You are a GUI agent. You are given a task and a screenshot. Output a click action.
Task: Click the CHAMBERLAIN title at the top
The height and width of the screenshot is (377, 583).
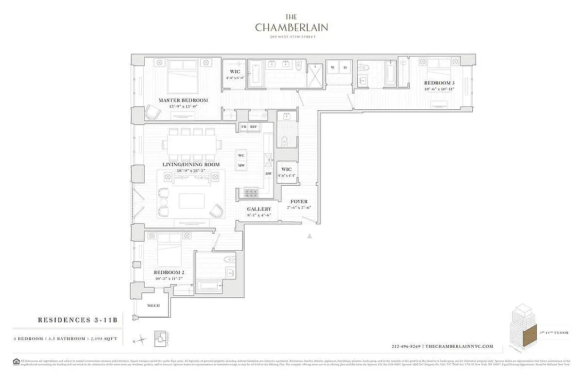(291, 27)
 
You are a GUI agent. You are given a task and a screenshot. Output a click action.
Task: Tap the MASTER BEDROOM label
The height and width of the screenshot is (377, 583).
(183, 100)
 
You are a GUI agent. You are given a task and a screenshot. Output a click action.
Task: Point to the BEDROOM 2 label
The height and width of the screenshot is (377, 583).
(169, 273)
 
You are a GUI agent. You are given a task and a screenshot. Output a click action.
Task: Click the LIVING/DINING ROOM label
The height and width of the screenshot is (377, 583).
(191, 164)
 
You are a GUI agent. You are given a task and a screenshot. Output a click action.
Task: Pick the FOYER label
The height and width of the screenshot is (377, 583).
(299, 202)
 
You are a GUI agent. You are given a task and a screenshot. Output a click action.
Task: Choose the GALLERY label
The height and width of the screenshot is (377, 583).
(259, 209)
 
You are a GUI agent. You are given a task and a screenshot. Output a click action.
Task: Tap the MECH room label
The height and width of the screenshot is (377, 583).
(153, 305)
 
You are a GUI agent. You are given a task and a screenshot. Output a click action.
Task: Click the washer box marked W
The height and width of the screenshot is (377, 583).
(333, 67)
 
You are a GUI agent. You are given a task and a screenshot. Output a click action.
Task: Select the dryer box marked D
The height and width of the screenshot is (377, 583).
(345, 67)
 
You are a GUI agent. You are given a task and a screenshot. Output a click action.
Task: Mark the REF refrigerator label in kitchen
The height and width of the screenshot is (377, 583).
(254, 127)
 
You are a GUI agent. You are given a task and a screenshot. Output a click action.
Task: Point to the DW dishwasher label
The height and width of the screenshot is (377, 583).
(268, 174)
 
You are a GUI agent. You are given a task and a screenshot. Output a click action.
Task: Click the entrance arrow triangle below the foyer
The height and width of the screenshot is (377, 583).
(310, 236)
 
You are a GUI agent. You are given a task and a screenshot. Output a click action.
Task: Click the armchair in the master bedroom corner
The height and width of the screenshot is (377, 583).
(153, 113)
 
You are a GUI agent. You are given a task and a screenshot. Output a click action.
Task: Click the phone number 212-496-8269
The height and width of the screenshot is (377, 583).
(406, 346)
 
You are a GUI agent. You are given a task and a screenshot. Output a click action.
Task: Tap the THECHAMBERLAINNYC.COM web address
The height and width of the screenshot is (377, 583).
(459, 346)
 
